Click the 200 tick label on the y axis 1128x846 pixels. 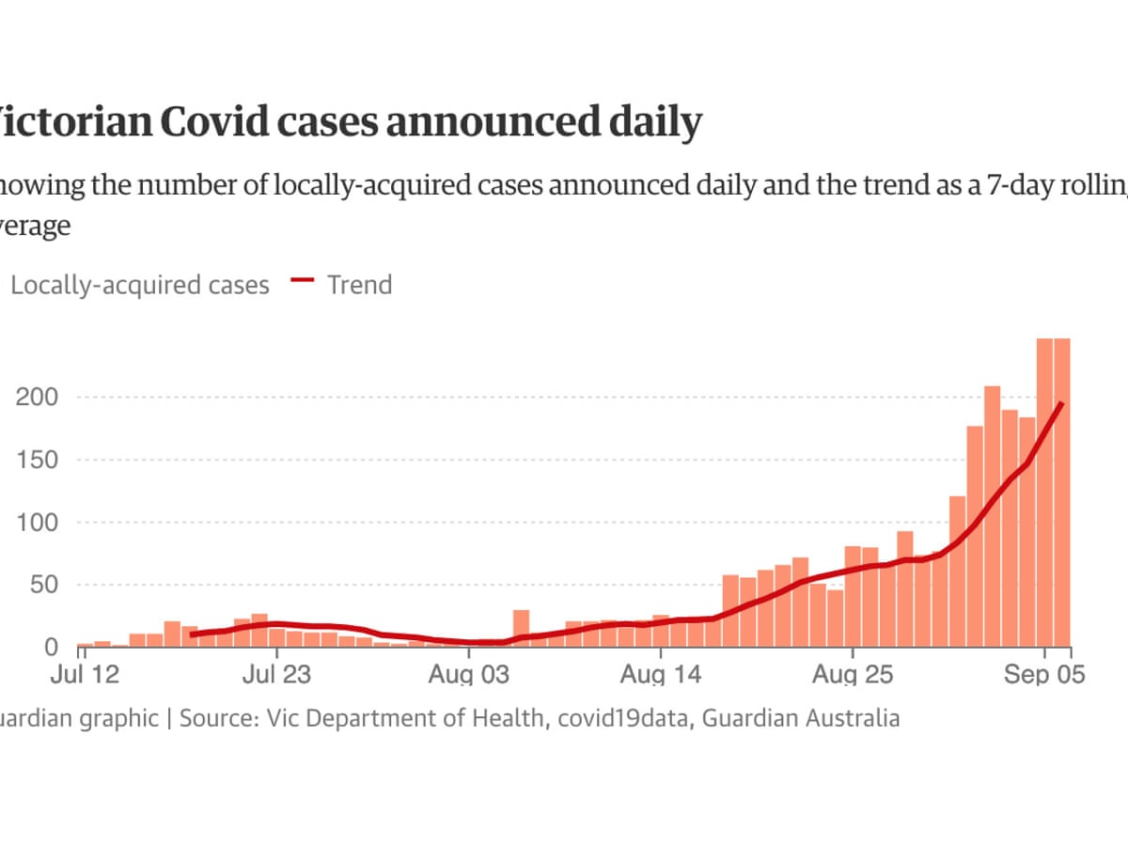tap(37, 398)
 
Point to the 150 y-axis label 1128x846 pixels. tap(37, 461)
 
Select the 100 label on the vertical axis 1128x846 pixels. tap(37, 523)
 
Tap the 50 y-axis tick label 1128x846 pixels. tap(43, 586)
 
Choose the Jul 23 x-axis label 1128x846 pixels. tap(277, 675)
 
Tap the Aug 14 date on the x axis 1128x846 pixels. tap(661, 675)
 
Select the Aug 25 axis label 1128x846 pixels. tap(853, 675)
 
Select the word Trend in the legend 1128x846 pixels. tap(359, 284)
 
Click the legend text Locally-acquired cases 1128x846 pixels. tap(139, 285)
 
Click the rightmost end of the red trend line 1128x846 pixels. tap(1061, 403)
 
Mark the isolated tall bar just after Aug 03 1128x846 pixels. tap(521, 628)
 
